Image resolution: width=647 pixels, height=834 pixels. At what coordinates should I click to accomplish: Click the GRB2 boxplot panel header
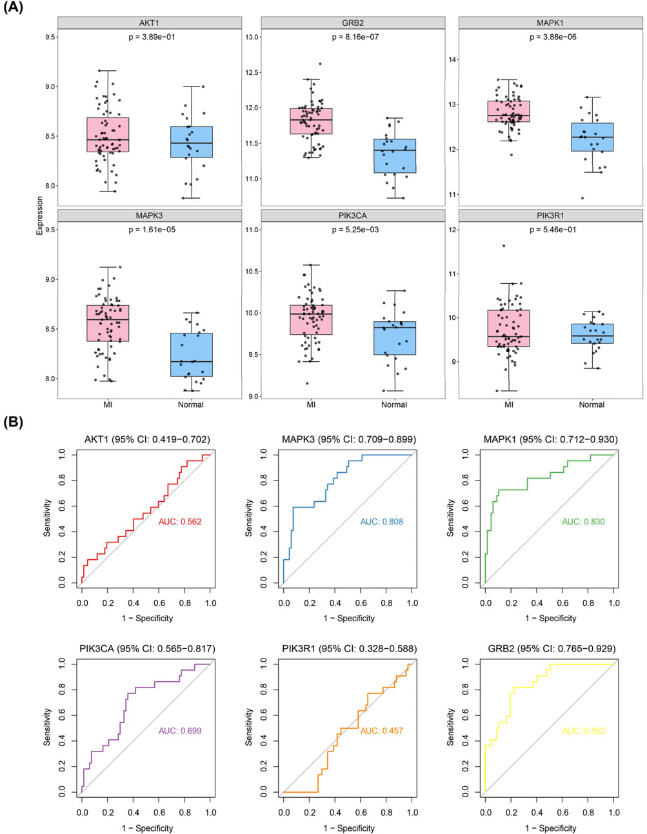pyautogui.click(x=353, y=23)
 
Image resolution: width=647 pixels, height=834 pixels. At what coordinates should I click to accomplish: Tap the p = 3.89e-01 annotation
pyautogui.click(x=149, y=37)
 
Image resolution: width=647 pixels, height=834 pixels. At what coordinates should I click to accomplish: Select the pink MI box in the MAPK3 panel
pyautogui.click(x=107, y=323)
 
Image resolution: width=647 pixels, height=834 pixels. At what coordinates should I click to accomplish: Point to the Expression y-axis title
pyautogui.click(x=40, y=216)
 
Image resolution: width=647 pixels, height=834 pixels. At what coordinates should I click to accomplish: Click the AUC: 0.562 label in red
pyautogui.click(x=180, y=521)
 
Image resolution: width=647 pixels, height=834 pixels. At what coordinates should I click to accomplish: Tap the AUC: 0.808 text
pyautogui.click(x=382, y=521)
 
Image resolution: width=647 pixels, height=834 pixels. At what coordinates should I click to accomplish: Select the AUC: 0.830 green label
pyautogui.click(x=583, y=521)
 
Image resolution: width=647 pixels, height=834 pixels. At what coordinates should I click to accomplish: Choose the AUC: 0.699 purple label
pyautogui.click(x=180, y=731)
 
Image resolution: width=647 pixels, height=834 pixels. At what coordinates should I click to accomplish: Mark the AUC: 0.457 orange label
pyautogui.click(x=382, y=731)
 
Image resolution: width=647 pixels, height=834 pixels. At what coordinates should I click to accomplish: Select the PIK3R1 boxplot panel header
pyautogui.click(x=550, y=215)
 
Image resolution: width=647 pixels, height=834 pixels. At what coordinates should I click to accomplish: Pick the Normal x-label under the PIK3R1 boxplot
pyautogui.click(x=592, y=404)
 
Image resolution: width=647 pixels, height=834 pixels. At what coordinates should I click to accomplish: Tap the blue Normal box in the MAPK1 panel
pyautogui.click(x=592, y=137)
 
